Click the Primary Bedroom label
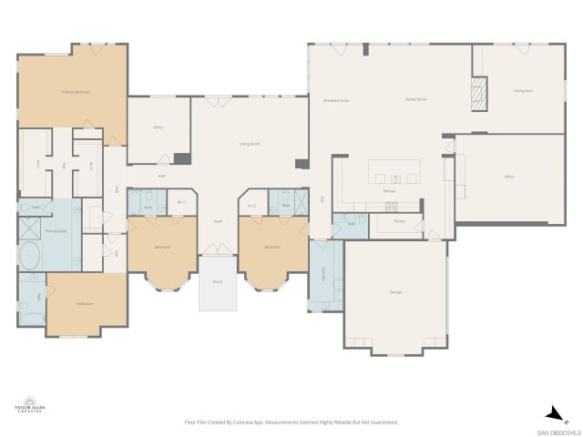point(76,92)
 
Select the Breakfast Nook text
point(336,100)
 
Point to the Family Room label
point(415,99)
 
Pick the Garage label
point(395,292)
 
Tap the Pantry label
point(399,221)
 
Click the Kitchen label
point(389,191)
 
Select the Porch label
point(217,282)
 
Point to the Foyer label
point(218,221)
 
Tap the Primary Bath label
point(57,232)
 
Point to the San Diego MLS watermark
point(557,431)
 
